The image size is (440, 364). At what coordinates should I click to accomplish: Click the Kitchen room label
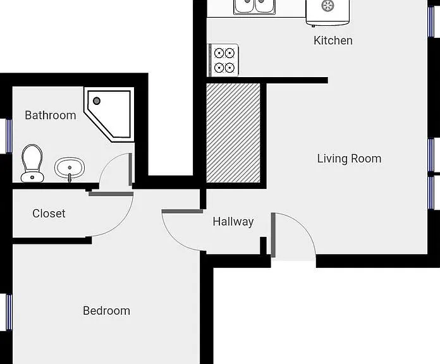[333, 40]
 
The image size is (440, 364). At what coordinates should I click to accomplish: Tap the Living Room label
[349, 159]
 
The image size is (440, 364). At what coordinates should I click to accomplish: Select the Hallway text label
[233, 222]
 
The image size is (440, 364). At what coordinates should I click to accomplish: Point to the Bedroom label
[106, 311]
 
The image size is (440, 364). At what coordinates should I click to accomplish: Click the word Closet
[49, 214]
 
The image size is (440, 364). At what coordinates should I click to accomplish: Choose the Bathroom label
[50, 115]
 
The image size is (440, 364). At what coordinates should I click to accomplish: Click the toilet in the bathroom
[32, 163]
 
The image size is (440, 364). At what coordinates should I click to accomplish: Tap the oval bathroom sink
[70, 168]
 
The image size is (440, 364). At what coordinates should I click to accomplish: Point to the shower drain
[97, 100]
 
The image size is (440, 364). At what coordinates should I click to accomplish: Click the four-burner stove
[223, 60]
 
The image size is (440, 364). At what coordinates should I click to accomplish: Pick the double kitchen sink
[254, 7]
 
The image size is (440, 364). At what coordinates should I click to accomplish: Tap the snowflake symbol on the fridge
[327, 5]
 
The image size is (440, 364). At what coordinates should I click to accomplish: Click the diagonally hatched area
[233, 133]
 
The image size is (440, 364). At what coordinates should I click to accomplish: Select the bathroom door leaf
[130, 169]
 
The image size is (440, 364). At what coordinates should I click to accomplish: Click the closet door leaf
[111, 194]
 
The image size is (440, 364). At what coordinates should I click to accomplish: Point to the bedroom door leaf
[183, 211]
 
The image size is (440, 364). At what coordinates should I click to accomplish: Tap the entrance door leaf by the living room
[273, 235]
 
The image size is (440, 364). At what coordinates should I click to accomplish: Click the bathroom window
[9, 136]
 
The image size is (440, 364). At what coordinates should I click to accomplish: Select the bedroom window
[9, 312]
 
